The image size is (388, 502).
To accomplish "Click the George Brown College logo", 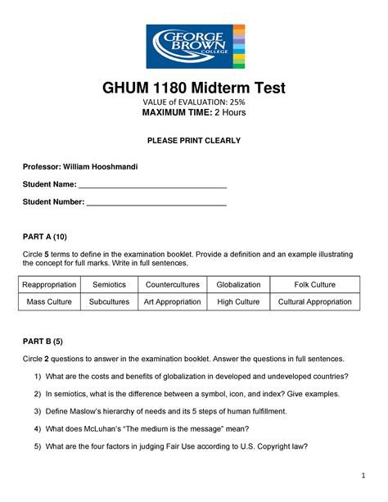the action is pyautogui.click(x=194, y=46).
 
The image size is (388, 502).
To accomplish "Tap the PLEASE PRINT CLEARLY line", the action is pyautogui.click(x=194, y=141).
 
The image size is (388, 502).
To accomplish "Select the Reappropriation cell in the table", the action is pyautogui.click(x=49, y=285).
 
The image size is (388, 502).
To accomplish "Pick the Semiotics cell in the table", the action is pyautogui.click(x=109, y=285).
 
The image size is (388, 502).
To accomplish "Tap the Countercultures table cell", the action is pyautogui.click(x=172, y=285).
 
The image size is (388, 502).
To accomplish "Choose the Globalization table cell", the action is pyautogui.click(x=238, y=285).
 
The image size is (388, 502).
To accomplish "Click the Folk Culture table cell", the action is pyautogui.click(x=314, y=285).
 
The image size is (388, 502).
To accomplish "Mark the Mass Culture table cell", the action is pyautogui.click(x=49, y=302).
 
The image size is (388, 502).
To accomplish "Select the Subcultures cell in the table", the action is pyautogui.click(x=109, y=302).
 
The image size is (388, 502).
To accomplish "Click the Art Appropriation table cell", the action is pyautogui.click(x=172, y=302).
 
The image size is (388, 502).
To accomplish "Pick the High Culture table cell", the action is pyautogui.click(x=238, y=302).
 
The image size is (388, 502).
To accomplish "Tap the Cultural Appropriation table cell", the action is pyautogui.click(x=314, y=302).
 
